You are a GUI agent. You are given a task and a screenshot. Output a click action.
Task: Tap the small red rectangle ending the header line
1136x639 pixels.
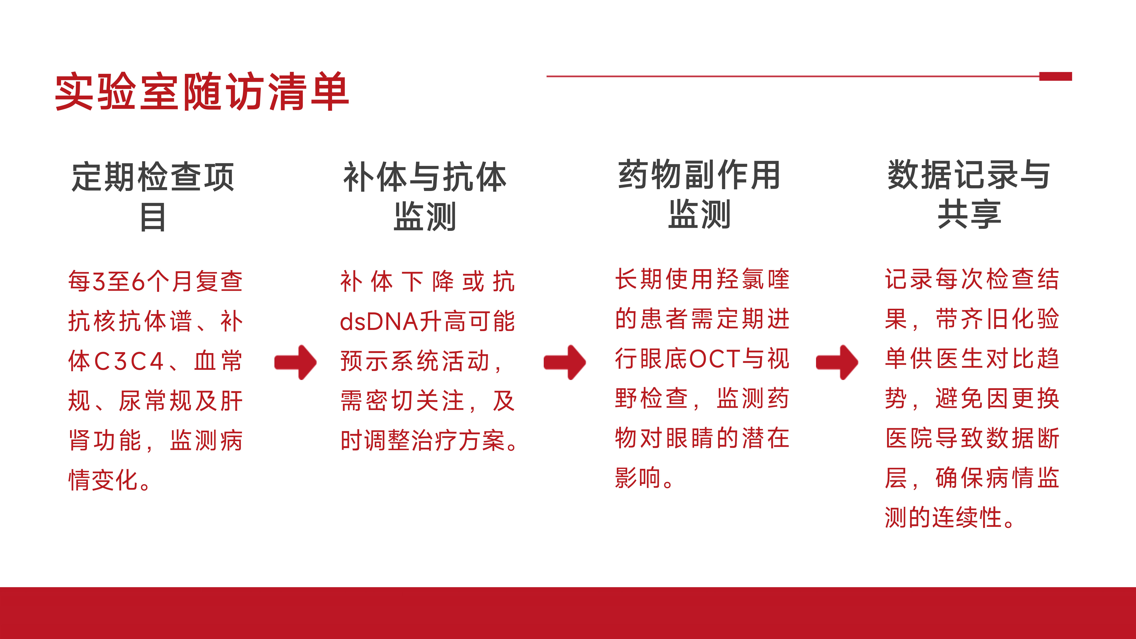click(x=1055, y=76)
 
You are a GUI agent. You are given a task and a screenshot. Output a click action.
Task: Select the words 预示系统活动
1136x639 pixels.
click(x=415, y=361)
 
